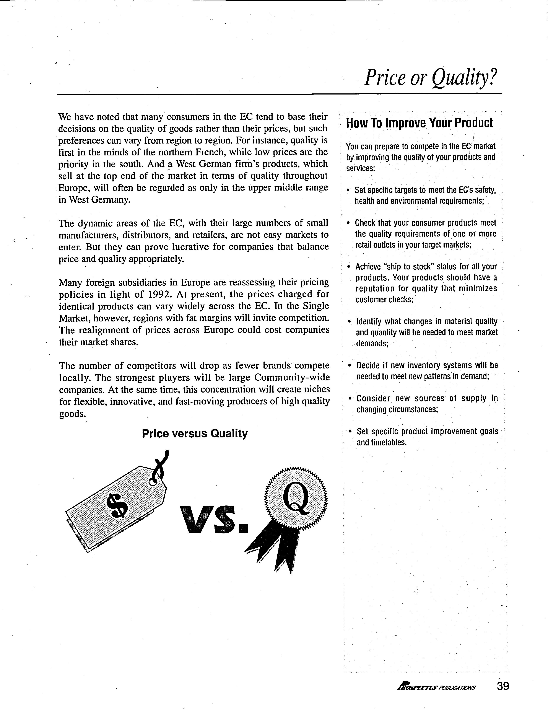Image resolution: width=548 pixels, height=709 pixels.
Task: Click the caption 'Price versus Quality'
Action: pos(195,434)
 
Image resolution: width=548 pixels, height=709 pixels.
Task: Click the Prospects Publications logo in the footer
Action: pos(436,687)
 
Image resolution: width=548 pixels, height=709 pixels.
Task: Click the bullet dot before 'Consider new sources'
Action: pos(349,398)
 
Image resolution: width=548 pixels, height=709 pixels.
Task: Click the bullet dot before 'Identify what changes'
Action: pos(349,322)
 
